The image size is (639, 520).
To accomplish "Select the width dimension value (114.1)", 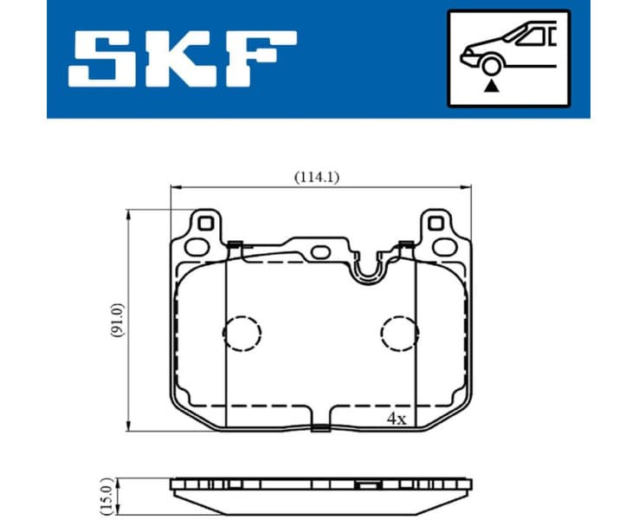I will (x=317, y=177).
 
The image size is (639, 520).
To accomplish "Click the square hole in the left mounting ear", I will (x=205, y=224).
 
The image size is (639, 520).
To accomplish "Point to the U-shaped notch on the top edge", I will (x=370, y=268).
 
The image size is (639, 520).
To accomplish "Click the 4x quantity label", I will (x=397, y=418).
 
